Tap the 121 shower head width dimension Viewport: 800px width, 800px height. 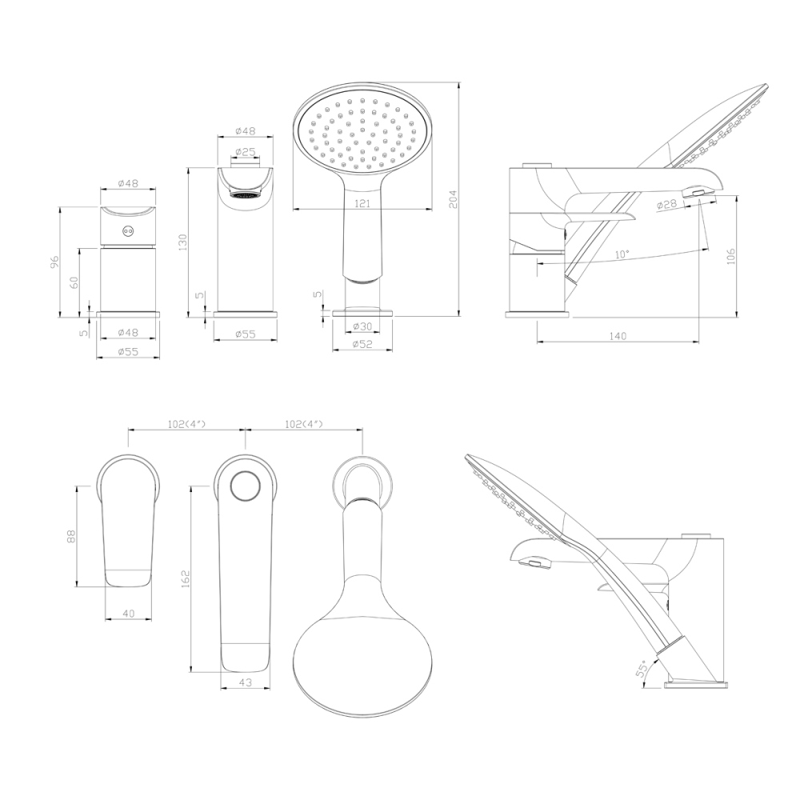(x=362, y=203)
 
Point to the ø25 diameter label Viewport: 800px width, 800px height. (x=246, y=151)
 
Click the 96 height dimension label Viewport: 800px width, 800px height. (x=55, y=262)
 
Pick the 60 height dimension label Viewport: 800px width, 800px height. (x=74, y=282)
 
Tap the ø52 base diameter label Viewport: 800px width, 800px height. (x=362, y=344)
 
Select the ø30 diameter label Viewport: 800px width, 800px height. (x=362, y=326)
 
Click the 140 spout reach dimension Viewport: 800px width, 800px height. (x=618, y=336)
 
